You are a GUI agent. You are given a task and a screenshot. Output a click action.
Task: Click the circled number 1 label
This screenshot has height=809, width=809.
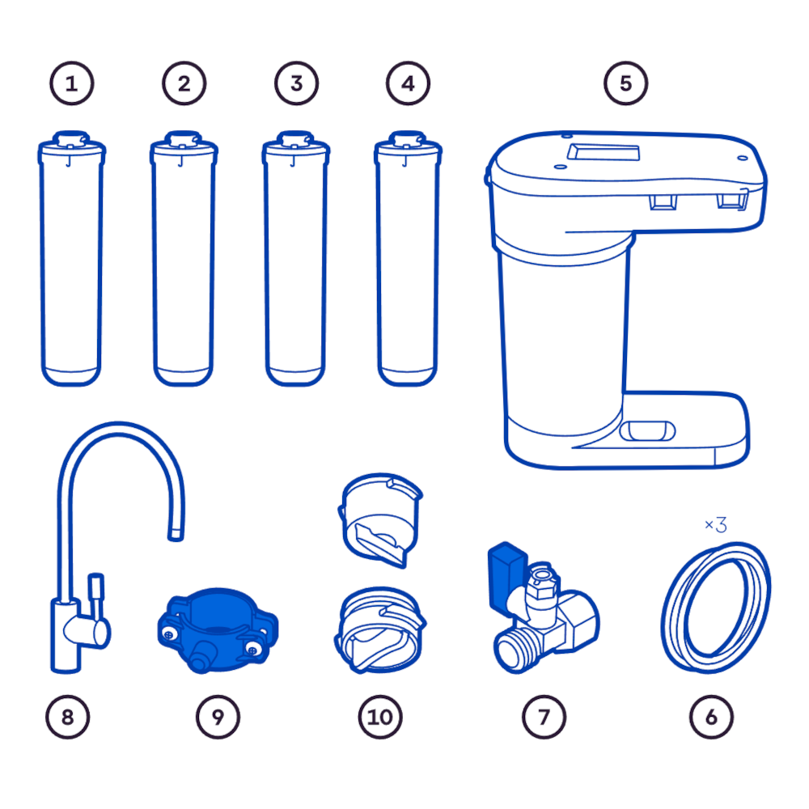click(x=72, y=83)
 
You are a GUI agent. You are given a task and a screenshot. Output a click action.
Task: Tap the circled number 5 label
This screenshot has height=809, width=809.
click(x=626, y=83)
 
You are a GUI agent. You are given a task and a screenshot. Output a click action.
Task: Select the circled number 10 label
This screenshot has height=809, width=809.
click(x=380, y=717)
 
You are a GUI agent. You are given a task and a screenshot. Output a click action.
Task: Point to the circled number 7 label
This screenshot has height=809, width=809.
click(x=544, y=717)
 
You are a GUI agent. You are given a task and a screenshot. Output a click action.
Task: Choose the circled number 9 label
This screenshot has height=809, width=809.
click(x=218, y=717)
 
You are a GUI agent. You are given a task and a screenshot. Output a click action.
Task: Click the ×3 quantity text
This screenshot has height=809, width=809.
click(x=716, y=525)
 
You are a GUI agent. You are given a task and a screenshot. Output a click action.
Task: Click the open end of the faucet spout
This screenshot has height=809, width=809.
click(x=176, y=536)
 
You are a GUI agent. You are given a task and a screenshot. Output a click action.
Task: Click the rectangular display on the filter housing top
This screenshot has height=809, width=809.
click(x=604, y=152)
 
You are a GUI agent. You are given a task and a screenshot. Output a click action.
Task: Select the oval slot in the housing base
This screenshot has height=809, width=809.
click(x=647, y=431)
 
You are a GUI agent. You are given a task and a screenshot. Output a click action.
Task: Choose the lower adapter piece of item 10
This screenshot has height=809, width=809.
click(x=380, y=630)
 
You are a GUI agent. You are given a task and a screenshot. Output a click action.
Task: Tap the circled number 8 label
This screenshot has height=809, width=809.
click(x=68, y=717)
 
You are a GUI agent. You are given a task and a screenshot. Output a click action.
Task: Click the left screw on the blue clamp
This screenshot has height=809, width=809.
click(x=168, y=634)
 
